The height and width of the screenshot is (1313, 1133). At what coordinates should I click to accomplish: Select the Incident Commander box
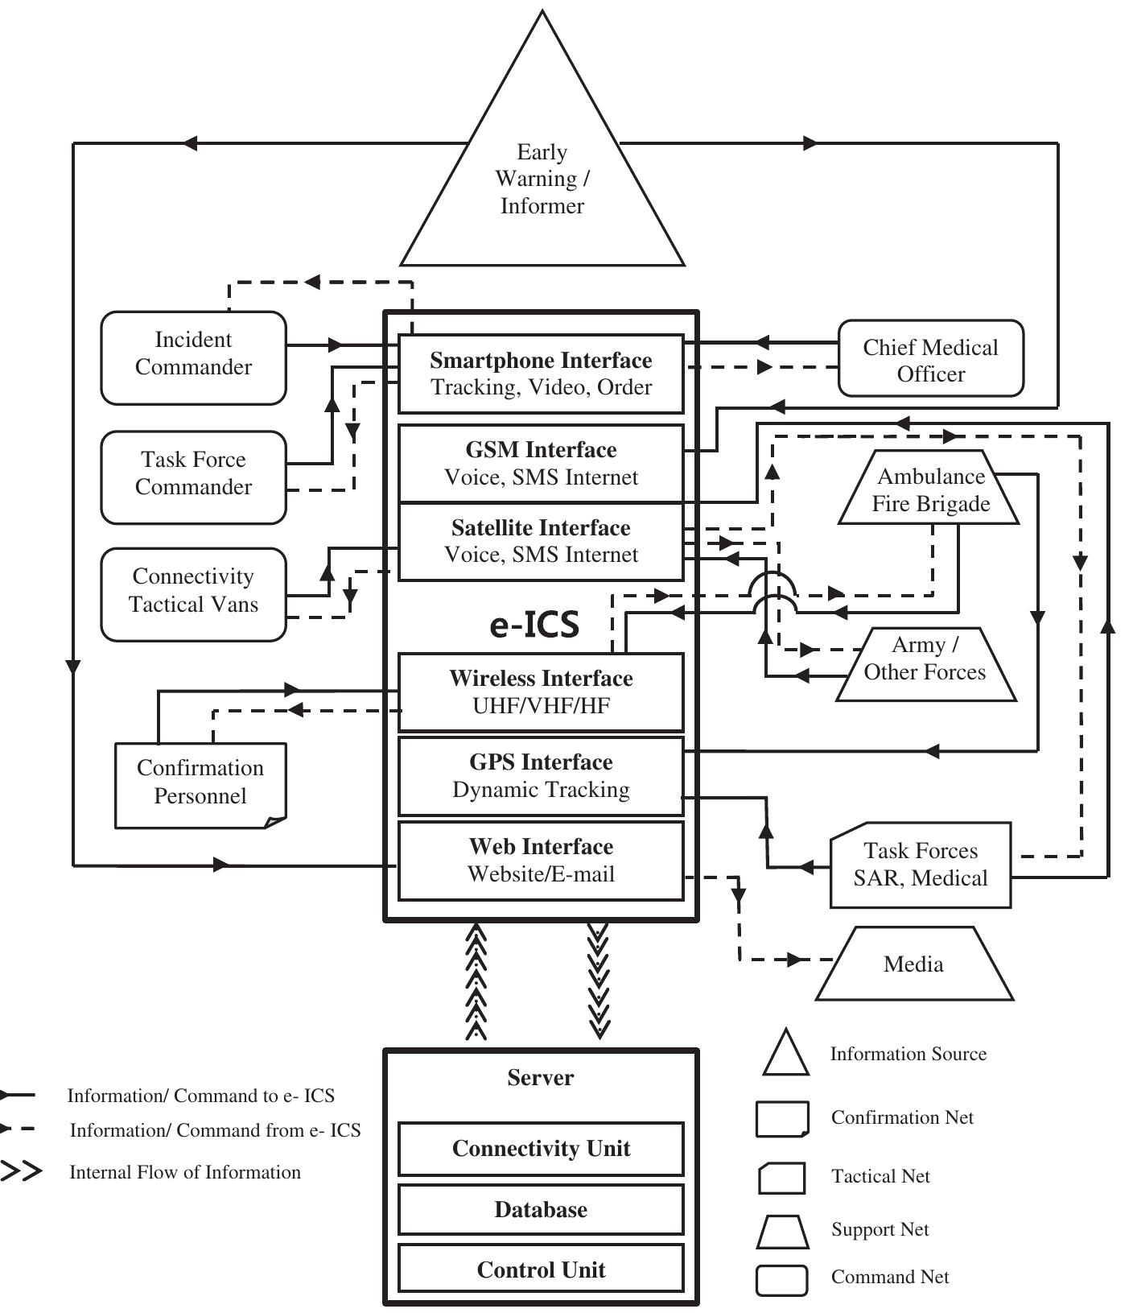pos(193,357)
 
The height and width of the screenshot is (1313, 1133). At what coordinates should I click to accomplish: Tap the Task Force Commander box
pos(193,476)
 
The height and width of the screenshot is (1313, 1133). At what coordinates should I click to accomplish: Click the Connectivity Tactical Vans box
pos(193,593)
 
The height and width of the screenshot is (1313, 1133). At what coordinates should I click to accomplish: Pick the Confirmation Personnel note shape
pos(200,783)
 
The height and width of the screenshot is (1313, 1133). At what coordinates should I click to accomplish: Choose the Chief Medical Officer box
pos(930,359)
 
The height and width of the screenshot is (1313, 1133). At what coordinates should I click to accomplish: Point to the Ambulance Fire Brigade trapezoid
pos(929,489)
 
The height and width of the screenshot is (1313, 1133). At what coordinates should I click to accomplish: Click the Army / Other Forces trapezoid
pos(925,663)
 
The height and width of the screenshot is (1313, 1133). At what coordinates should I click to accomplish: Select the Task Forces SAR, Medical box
pos(920,865)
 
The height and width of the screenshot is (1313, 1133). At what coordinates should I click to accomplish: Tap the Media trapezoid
pos(914,964)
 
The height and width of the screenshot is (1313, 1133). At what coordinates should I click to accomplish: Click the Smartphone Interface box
pos(541,374)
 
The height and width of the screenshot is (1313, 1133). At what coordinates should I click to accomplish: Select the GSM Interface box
pos(541,463)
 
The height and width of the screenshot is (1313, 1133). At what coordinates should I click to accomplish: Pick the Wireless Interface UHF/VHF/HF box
pos(541,692)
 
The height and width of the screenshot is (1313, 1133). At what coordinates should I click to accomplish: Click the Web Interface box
pos(541,860)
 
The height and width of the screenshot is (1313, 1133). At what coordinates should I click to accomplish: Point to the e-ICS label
pos(534,625)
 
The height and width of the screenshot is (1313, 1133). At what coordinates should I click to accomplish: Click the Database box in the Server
pos(541,1209)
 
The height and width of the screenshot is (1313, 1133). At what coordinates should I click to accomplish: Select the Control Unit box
pos(541,1270)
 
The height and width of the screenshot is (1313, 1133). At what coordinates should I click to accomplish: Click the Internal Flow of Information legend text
pos(185,1172)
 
